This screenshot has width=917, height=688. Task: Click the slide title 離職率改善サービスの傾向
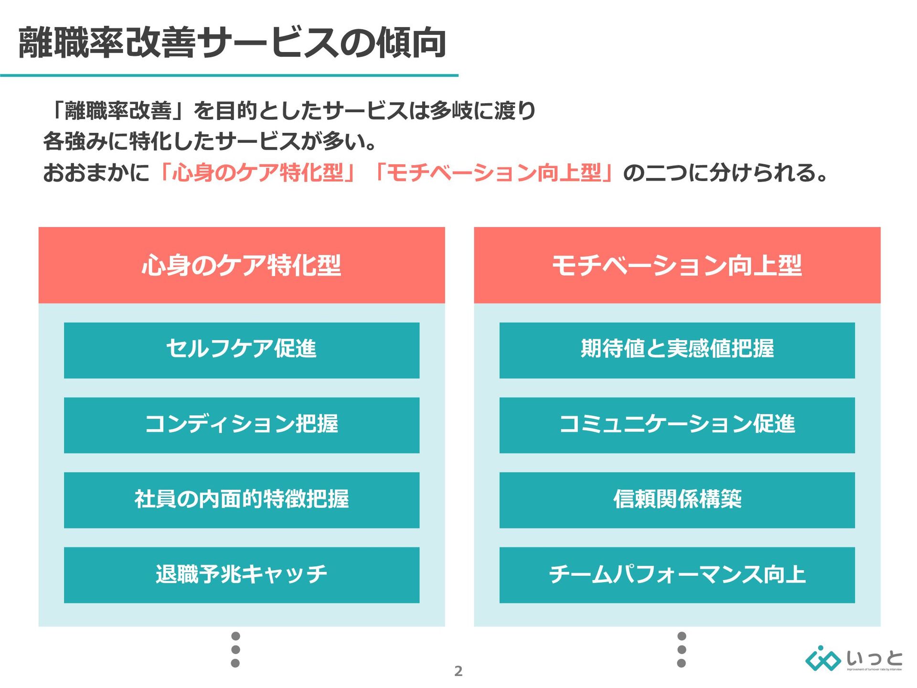click(x=232, y=43)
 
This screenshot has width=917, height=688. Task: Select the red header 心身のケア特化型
click(x=242, y=265)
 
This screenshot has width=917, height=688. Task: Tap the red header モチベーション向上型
click(x=677, y=265)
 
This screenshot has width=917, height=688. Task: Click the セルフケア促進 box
click(x=242, y=350)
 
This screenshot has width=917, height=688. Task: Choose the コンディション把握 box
click(x=242, y=425)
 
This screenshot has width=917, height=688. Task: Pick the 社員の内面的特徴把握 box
click(x=242, y=500)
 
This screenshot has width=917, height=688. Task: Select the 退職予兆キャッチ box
click(x=242, y=575)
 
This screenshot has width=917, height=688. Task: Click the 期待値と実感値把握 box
click(x=677, y=350)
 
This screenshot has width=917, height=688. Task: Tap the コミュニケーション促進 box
click(x=677, y=425)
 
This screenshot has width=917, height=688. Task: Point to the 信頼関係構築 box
click(x=677, y=500)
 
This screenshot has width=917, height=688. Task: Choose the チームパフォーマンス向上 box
click(x=677, y=575)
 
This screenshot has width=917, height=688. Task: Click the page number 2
click(x=458, y=671)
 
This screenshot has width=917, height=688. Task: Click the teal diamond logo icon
click(x=822, y=659)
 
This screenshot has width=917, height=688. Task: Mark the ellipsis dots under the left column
click(x=235, y=649)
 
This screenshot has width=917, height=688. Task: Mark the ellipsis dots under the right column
click(x=682, y=649)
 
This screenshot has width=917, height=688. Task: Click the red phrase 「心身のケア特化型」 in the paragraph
click(x=258, y=173)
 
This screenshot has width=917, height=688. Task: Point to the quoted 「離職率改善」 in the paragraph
click(x=117, y=111)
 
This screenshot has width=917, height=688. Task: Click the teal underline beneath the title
click(x=229, y=75)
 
